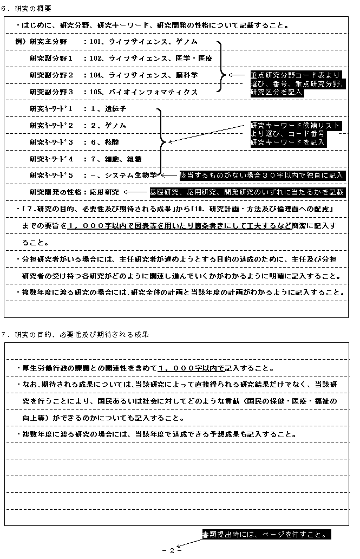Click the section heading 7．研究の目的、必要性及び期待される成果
[x=75, y=335]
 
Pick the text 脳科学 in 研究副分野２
[x=187, y=75]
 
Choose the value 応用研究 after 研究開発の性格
[x=104, y=192]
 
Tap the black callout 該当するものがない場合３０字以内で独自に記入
[x=262, y=175]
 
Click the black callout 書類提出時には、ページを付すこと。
[x=265, y=535]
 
